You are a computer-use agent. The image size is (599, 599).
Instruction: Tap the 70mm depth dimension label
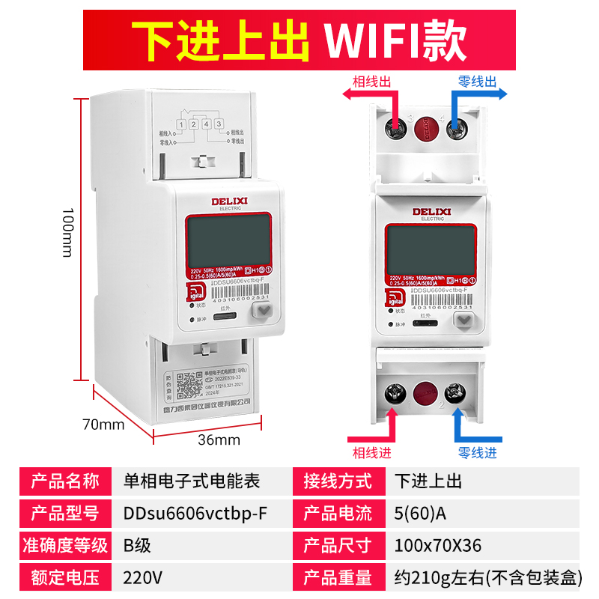(x=103, y=425)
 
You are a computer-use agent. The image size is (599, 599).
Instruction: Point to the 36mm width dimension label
(x=219, y=440)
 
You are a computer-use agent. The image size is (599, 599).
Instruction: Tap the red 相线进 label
(x=371, y=453)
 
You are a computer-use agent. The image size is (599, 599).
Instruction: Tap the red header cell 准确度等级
(x=64, y=546)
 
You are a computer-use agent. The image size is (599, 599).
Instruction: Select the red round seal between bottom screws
(x=425, y=394)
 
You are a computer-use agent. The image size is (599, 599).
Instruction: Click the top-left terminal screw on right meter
(x=395, y=128)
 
